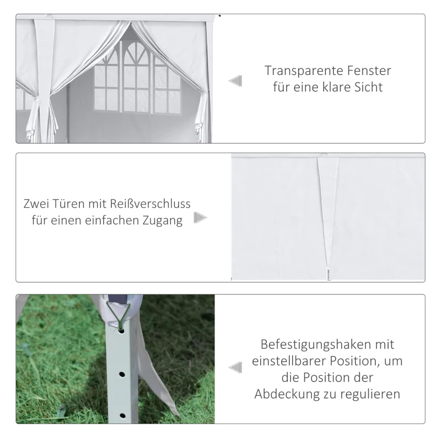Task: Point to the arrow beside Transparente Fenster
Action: [x=235, y=81]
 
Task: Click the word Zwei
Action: [x=37, y=203]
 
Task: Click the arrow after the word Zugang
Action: [x=201, y=218]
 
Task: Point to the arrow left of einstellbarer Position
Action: [x=235, y=368]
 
